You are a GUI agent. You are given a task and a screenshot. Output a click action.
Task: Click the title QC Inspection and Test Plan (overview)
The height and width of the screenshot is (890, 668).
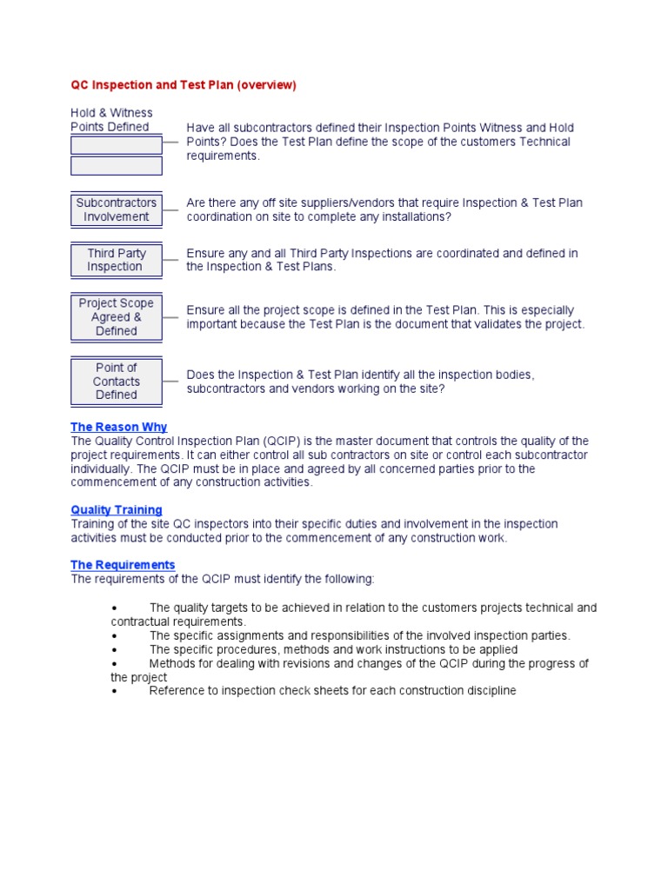[183, 85]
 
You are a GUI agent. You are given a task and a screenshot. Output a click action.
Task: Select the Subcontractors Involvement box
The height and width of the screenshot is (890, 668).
[116, 209]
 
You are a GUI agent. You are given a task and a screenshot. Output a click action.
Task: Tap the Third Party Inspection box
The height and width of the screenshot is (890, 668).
[116, 260]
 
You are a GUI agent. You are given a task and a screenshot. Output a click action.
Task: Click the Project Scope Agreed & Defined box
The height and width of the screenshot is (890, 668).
[116, 317]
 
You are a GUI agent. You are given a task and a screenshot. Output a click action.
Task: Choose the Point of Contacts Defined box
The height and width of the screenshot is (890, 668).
[116, 381]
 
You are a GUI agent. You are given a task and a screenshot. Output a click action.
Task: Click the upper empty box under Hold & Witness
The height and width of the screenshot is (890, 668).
[116, 145]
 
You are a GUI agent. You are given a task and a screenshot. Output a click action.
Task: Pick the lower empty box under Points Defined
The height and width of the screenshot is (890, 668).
[116, 166]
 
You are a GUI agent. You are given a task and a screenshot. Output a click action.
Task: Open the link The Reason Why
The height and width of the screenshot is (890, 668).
[118, 427]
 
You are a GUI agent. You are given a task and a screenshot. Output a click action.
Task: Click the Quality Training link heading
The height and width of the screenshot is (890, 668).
[116, 510]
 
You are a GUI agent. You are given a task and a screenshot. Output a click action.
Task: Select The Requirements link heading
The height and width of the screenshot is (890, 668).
[123, 565]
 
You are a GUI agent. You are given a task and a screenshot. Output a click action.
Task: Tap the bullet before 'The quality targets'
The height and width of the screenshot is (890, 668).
[115, 608]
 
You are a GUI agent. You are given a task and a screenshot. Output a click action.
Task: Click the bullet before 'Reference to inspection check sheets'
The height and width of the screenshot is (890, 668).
[115, 691]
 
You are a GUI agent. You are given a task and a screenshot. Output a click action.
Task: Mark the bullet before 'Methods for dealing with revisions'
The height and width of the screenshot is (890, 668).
[115, 663]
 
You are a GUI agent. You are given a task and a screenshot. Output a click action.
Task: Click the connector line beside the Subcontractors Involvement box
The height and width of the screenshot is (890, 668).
[170, 209]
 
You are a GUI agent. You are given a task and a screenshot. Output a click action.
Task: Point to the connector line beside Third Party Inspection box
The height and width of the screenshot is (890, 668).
[170, 260]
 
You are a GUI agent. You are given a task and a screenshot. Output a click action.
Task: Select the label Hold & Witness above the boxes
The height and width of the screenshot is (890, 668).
[111, 113]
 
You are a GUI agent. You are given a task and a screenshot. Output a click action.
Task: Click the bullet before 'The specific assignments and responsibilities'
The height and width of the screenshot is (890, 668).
[115, 635]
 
